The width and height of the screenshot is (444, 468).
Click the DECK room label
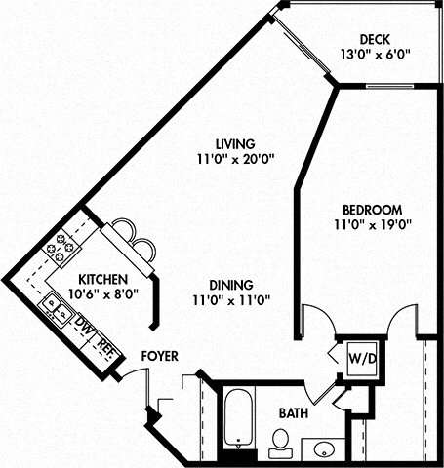click(374, 39)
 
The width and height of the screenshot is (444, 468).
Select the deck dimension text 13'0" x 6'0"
click(374, 56)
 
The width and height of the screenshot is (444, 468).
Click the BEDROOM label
click(373, 210)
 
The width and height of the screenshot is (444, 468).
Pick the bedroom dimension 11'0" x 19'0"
click(373, 225)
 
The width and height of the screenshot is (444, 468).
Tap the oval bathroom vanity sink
click(323, 448)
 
